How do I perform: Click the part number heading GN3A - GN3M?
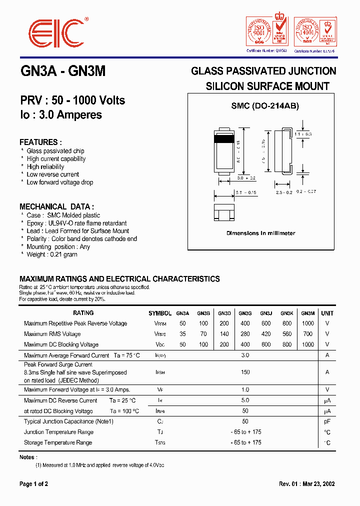(62, 71)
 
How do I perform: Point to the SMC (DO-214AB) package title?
(264, 106)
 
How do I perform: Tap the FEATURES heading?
(40, 142)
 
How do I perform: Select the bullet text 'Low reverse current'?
(53, 174)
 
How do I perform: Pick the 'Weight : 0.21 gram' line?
(52, 254)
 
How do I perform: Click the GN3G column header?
(245, 313)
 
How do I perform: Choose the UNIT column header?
(327, 313)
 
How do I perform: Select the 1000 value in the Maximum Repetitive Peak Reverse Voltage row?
(308, 323)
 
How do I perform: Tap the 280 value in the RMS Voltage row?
(245, 334)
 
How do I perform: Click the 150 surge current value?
(245, 372)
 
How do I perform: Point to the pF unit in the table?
(327, 421)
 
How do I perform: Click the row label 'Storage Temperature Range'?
(58, 442)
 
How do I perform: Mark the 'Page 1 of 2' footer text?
(33, 484)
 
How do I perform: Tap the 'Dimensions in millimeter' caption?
(260, 233)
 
